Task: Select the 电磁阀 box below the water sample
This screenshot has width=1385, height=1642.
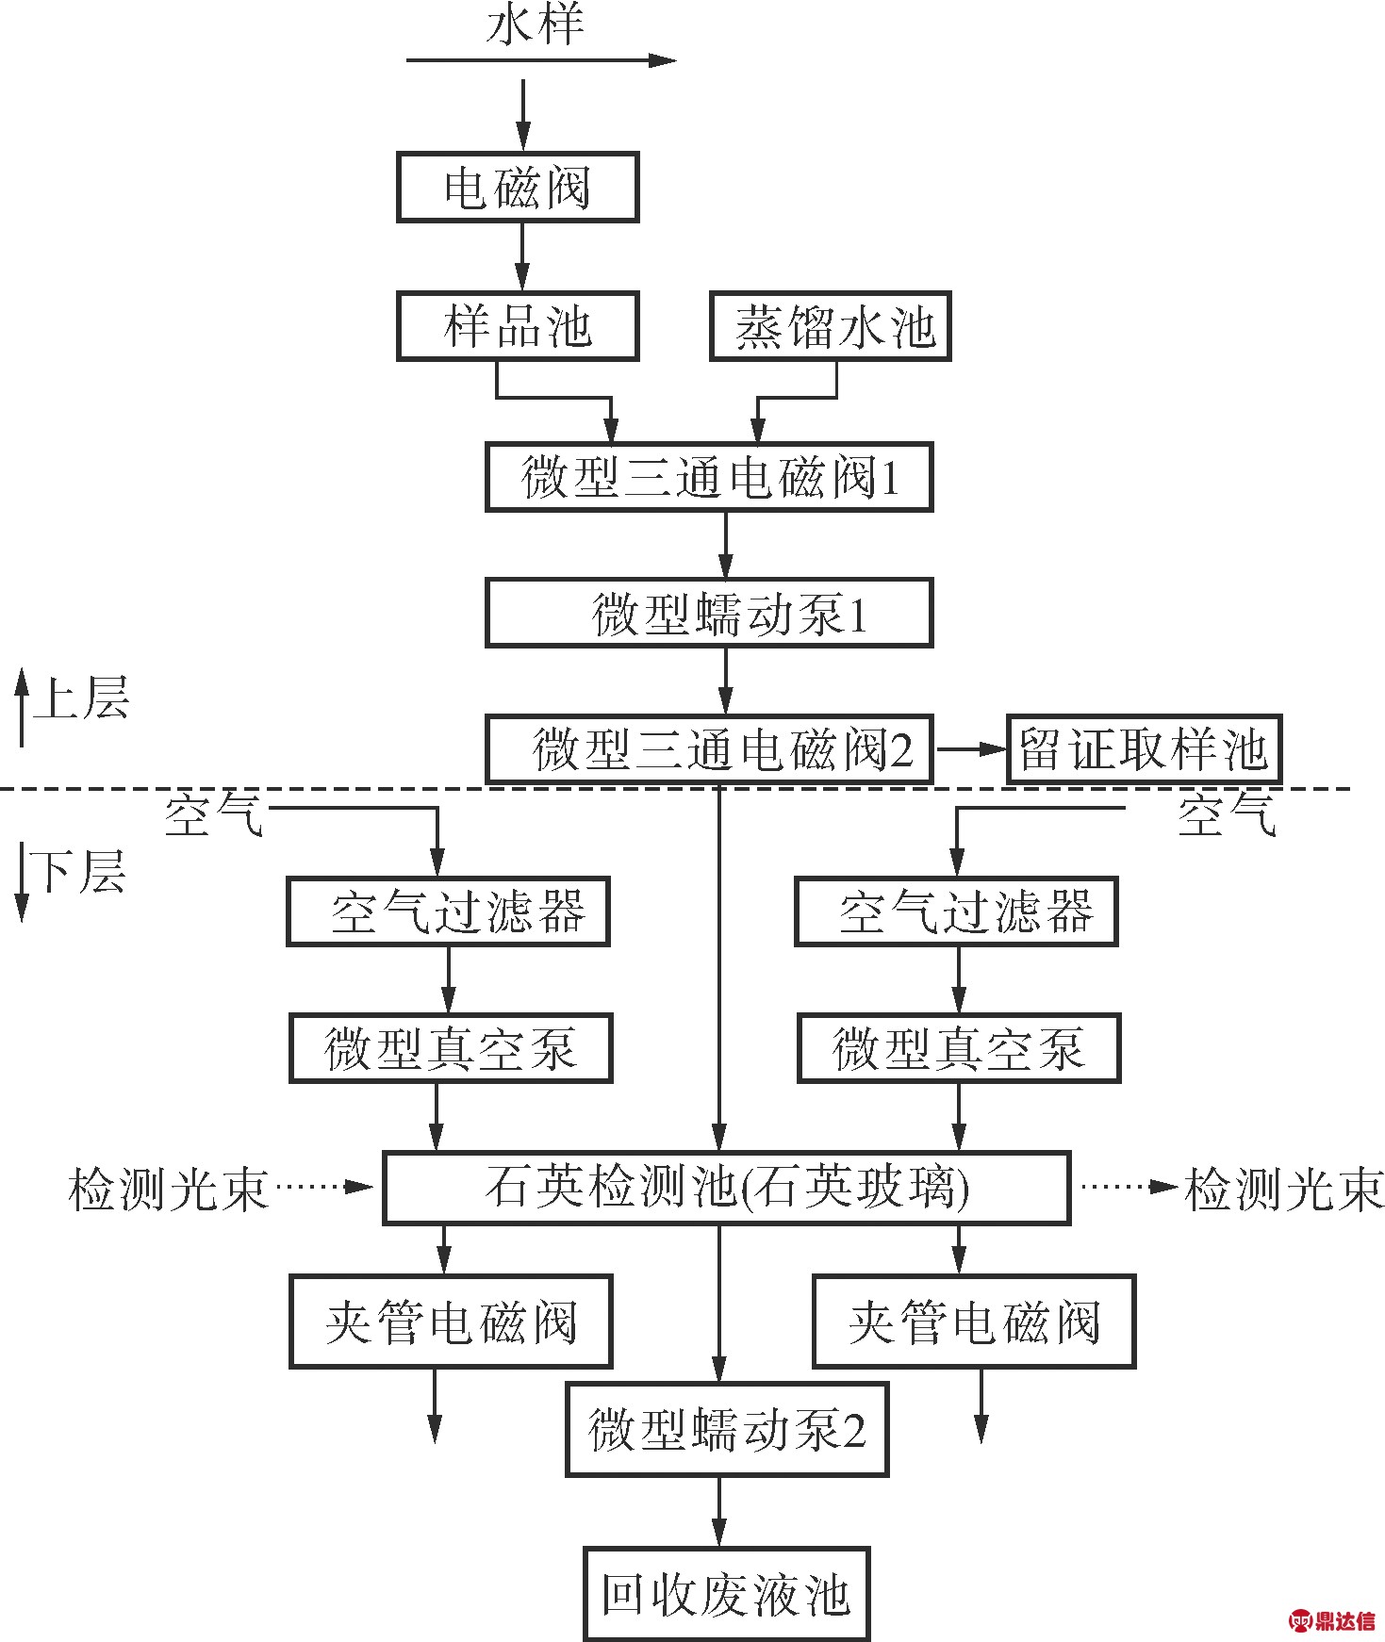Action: pos(518,187)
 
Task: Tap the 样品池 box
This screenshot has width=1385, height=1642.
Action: pos(518,326)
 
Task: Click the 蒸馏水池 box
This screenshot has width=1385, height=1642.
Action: pos(831,326)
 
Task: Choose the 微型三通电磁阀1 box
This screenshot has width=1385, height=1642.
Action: pos(709,477)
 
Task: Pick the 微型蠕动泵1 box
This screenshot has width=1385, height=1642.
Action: pos(709,613)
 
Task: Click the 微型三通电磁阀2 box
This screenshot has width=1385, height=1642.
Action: pos(709,749)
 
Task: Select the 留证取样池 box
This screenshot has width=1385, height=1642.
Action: pos(1145,749)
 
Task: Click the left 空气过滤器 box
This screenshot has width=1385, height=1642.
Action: pos(448,911)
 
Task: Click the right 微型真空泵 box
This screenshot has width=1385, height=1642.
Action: pos(959,1048)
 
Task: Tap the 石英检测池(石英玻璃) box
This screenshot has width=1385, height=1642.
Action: pos(726,1188)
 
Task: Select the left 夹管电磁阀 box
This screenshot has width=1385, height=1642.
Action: pos(451,1322)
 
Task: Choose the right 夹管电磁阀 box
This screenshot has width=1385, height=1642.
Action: pos(974,1322)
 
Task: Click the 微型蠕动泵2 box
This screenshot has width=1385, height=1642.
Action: pos(727,1429)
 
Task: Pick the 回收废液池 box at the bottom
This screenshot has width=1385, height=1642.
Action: pos(726,1593)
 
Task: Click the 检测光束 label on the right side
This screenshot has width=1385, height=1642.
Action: pos(1284,1189)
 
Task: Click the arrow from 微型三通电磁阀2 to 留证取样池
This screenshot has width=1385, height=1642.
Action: pos(971,749)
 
